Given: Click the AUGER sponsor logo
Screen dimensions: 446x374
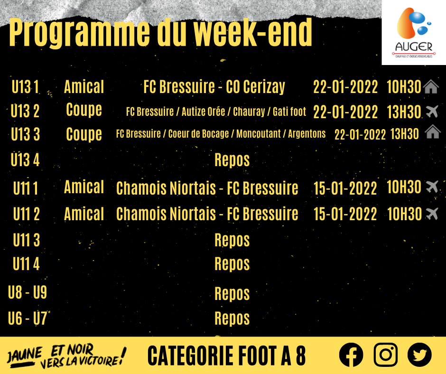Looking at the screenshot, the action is point(414,32).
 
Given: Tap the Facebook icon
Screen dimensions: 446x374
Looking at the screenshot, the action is point(351,355).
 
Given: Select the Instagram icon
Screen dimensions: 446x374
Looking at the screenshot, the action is point(385,355).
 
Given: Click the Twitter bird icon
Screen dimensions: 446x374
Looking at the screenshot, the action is point(419,355).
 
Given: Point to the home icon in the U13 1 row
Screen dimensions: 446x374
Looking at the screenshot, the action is point(431,86).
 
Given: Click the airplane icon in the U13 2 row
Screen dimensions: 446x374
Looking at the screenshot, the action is point(432,111).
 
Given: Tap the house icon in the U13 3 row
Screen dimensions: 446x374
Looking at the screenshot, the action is point(433,131).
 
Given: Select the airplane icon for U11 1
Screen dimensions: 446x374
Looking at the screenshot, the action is point(432,187).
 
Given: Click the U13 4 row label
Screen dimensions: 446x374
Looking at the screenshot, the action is point(25,159).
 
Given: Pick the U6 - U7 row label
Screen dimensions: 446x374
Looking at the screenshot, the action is point(28,318).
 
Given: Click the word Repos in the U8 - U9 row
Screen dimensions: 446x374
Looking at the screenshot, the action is point(232,294).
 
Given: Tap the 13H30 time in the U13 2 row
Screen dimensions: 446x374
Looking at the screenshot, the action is point(404,112).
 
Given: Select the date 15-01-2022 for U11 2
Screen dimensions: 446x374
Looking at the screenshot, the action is point(345,214).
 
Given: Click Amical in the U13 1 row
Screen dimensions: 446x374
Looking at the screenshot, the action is point(84,86).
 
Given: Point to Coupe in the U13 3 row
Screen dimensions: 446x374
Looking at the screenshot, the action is point(84,134).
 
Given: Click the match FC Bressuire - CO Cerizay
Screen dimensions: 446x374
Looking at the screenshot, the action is point(214,86).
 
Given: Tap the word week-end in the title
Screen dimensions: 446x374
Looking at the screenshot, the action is point(253,32).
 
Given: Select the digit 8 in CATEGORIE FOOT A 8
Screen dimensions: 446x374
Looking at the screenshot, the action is point(301,355).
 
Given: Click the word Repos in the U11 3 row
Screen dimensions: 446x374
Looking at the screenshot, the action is point(232,240).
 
